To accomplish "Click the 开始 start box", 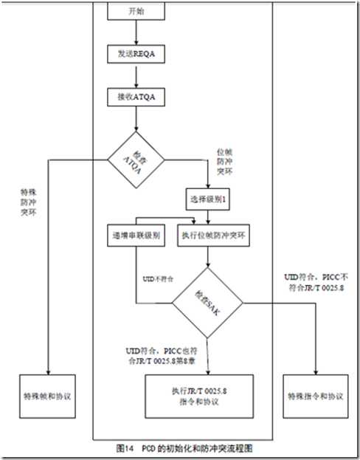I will point(136,11).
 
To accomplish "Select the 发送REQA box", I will point(136,55).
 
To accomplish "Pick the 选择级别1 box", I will point(215,199).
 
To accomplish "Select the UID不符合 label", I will point(157,279).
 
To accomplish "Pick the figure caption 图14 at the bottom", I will point(180,447).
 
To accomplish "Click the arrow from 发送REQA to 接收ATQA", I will point(136,77).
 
